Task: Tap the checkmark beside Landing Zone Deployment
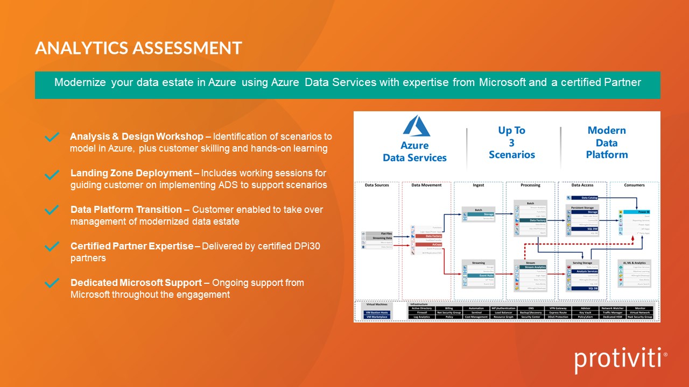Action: pos(52,175)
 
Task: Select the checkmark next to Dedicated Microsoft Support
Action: pos(52,283)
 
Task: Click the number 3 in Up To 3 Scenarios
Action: pos(511,142)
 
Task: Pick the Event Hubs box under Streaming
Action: pos(477,275)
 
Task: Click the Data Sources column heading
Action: pos(376,185)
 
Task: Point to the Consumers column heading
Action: pos(634,185)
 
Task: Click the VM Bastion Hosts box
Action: pos(376,312)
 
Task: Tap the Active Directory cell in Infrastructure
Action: pos(422,308)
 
